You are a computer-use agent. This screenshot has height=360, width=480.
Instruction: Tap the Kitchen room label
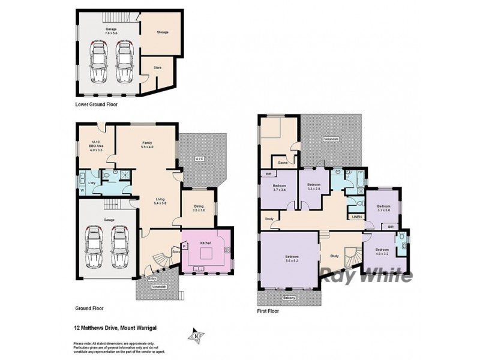(206, 243)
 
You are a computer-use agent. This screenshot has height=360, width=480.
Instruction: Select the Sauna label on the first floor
(281, 162)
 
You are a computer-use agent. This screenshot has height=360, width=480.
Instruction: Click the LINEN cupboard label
(356, 217)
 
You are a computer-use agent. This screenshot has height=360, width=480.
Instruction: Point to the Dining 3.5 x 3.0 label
(198, 209)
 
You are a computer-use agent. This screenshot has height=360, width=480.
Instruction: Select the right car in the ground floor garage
(121, 247)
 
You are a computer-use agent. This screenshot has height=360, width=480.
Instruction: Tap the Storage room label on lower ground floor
(163, 32)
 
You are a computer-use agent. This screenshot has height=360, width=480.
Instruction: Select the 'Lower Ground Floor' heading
(97, 104)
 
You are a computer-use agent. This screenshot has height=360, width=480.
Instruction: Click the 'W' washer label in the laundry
(82, 191)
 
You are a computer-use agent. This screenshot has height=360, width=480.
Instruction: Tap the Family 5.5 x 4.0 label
(147, 145)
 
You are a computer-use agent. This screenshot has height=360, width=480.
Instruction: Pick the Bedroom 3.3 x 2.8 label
(314, 187)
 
